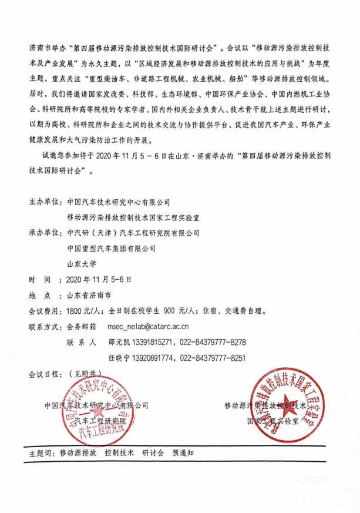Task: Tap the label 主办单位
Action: (x=45, y=202)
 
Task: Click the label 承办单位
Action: (x=45, y=232)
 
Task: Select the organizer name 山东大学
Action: (x=82, y=263)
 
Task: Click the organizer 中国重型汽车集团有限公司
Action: (x=112, y=248)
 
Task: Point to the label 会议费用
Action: (x=45, y=310)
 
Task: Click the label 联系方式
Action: (x=45, y=326)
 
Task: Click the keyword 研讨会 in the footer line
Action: (x=152, y=453)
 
